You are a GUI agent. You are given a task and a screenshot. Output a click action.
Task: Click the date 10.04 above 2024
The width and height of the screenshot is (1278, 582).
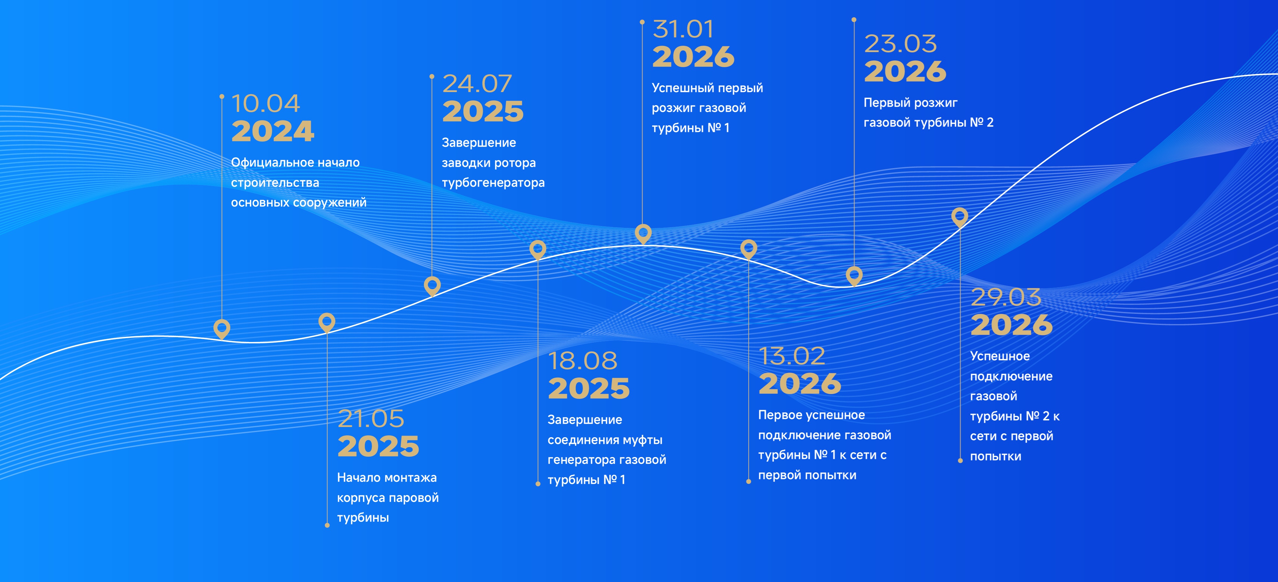click(x=266, y=104)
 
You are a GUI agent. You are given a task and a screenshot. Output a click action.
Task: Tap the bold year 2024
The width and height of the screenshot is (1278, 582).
click(x=273, y=131)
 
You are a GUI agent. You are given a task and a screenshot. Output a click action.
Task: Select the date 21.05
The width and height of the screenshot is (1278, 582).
click(x=371, y=419)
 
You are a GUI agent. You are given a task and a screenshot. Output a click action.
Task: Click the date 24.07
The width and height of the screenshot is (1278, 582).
click(x=477, y=83)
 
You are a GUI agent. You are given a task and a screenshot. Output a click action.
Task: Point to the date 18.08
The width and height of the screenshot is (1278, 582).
click(x=582, y=361)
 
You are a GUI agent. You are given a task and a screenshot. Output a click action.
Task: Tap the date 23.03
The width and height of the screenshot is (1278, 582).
click(x=900, y=44)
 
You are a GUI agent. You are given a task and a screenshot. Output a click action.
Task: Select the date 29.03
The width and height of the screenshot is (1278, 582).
click(x=1006, y=297)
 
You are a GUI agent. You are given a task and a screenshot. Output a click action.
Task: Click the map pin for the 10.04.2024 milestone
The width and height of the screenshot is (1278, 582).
click(x=222, y=329)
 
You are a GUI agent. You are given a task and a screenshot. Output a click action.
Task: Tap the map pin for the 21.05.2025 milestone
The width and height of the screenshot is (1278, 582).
click(x=327, y=322)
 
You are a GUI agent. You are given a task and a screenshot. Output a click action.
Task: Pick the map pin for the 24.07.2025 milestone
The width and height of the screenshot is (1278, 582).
click(x=432, y=286)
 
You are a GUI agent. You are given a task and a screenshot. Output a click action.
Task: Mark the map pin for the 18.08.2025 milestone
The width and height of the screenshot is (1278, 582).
click(x=538, y=250)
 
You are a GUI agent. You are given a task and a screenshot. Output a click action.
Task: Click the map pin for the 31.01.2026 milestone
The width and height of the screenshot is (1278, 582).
click(x=643, y=234)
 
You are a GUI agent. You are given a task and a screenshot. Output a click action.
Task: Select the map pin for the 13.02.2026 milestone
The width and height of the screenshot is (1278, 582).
click(x=749, y=249)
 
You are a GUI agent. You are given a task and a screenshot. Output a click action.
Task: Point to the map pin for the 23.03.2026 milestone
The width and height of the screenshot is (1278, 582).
click(x=854, y=276)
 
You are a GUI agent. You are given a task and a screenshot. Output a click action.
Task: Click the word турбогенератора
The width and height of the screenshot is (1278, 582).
click(x=493, y=183)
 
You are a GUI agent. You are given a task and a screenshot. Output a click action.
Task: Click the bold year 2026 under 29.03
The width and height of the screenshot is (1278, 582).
click(x=1012, y=325)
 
